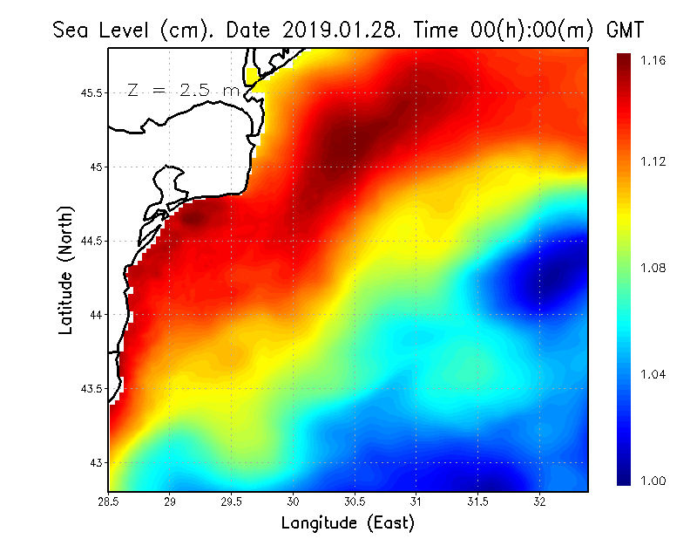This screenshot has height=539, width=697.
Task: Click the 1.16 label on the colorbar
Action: pyautogui.click(x=653, y=61)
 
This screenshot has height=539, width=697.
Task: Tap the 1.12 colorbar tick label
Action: pyautogui.click(x=653, y=161)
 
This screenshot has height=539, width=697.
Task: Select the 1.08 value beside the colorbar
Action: pyautogui.click(x=653, y=268)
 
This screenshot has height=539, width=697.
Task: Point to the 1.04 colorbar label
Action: pyautogui.click(x=653, y=374)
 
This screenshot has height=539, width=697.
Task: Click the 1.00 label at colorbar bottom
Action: pyautogui.click(x=653, y=481)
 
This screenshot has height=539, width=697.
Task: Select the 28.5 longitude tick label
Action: pyautogui.click(x=109, y=501)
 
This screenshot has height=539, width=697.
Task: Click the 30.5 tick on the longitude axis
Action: pyautogui.click(x=355, y=501)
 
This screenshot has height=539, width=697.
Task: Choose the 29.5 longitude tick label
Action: pyautogui.click(x=232, y=501)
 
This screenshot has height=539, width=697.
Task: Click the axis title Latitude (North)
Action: pyautogui.click(x=65, y=269)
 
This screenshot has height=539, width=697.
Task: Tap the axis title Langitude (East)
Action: pyautogui.click(x=348, y=523)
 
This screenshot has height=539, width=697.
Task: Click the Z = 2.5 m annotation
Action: pyautogui.click(x=183, y=90)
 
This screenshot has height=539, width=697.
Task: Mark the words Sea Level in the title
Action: pyautogui.click(x=102, y=30)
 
